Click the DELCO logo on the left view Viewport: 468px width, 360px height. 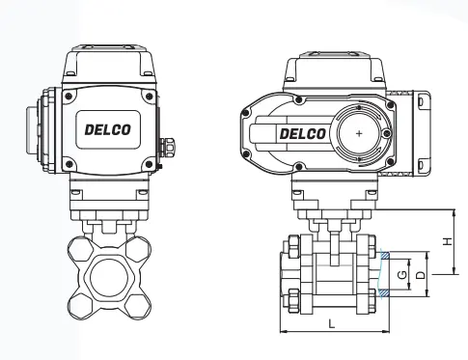tap(108, 129)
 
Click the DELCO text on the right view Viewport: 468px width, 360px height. tap(303, 134)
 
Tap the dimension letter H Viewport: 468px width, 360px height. tap(448, 241)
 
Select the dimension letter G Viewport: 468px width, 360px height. tap(402, 274)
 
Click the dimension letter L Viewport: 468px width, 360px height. tap(332, 323)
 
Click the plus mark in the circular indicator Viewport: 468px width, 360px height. tap(359, 133)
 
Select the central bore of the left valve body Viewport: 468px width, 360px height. tap(108, 277)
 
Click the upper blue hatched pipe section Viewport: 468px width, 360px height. tap(385, 255)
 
